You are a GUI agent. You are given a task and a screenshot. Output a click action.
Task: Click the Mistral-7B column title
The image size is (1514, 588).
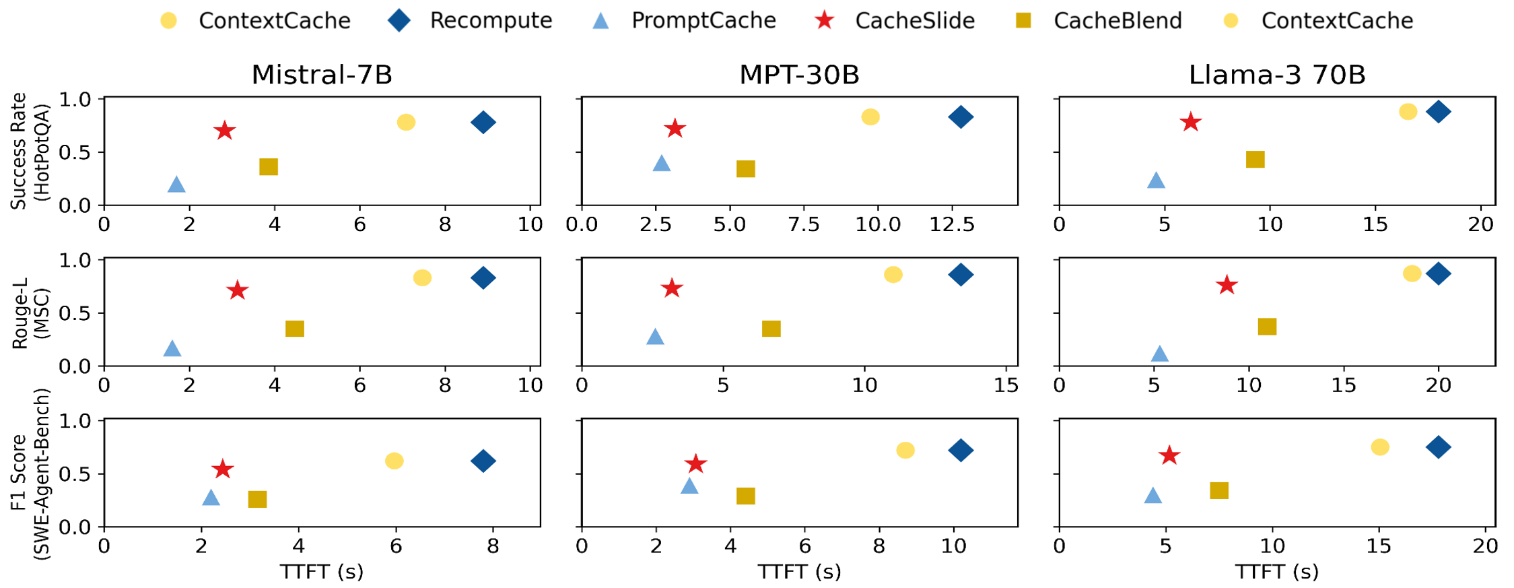click(x=322, y=75)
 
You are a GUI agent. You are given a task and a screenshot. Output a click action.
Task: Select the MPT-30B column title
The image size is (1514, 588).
click(x=799, y=75)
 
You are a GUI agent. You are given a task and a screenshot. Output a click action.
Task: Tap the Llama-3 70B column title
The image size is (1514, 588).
click(x=1277, y=75)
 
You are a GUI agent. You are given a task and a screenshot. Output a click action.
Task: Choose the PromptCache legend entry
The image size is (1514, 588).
click(x=684, y=20)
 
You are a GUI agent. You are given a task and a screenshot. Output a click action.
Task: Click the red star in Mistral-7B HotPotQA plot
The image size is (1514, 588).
click(x=225, y=131)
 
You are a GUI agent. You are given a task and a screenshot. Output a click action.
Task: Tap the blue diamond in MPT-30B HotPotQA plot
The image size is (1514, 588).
click(x=961, y=117)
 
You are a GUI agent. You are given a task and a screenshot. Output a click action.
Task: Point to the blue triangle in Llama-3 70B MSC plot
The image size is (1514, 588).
click(x=1159, y=354)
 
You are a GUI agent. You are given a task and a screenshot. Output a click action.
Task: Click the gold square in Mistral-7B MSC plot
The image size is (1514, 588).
click(x=295, y=329)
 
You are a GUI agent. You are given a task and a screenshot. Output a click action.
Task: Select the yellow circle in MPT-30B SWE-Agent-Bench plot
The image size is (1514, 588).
click(x=905, y=450)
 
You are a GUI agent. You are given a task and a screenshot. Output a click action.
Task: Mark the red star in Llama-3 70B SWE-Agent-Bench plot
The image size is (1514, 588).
click(x=1169, y=456)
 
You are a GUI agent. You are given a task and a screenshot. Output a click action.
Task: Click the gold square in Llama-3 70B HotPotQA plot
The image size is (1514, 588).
click(x=1255, y=160)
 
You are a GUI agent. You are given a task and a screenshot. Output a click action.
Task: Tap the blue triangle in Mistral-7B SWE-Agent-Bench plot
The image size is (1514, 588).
click(x=211, y=498)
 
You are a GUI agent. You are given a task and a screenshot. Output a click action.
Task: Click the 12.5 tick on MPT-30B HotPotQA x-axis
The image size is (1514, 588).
click(x=952, y=224)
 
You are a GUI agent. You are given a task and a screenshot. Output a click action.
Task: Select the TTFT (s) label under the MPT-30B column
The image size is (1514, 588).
click(x=799, y=572)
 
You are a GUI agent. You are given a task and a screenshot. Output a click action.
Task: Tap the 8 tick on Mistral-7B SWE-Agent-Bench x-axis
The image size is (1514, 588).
click(x=493, y=546)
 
